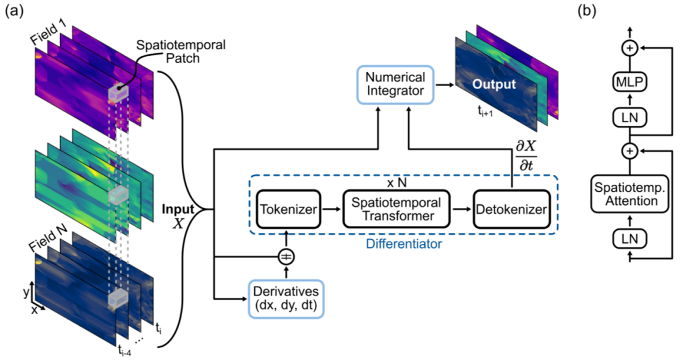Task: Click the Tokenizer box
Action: [x=288, y=209]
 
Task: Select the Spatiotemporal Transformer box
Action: [x=396, y=209]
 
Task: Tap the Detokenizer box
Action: [x=512, y=209]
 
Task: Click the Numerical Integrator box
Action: [x=395, y=84]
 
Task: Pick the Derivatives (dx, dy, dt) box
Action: [x=286, y=299]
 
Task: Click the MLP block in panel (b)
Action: [x=629, y=82]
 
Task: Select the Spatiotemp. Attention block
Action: [x=629, y=194]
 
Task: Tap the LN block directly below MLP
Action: [x=629, y=117]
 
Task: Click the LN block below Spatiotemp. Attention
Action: [x=629, y=239]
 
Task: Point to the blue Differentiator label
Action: [x=403, y=244]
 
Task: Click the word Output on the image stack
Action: [x=494, y=84]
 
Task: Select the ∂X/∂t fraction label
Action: [x=526, y=156]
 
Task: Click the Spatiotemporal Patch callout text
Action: [x=181, y=51]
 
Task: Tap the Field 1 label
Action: [x=48, y=33]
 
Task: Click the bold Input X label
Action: [x=178, y=215]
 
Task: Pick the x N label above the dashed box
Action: [x=397, y=183]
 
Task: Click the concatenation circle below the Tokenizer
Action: [x=286, y=257]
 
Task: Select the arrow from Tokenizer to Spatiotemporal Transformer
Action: [x=331, y=209]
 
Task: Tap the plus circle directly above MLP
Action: [x=629, y=48]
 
